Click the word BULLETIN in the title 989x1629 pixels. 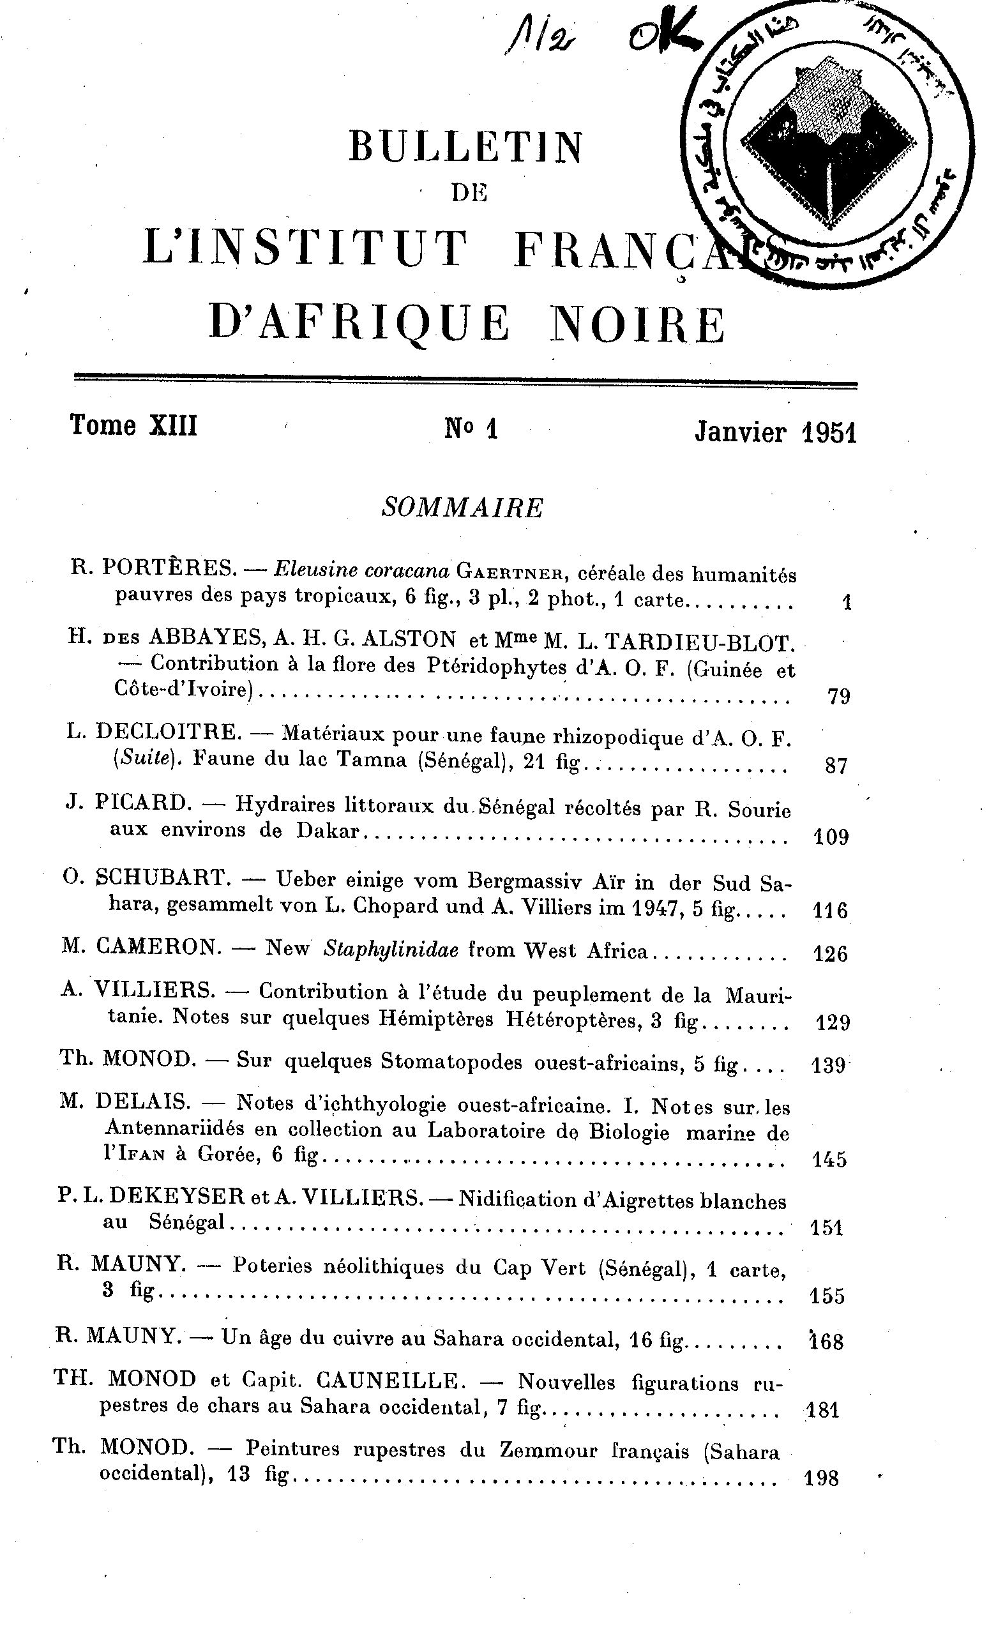pyautogui.click(x=466, y=147)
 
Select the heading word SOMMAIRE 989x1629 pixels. pyautogui.click(x=463, y=508)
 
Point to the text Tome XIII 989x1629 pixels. pyautogui.click(x=133, y=425)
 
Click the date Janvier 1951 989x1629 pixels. pyautogui.click(x=775, y=433)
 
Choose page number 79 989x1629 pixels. pyautogui.click(x=838, y=697)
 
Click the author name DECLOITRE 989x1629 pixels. pyautogui.click(x=169, y=731)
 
